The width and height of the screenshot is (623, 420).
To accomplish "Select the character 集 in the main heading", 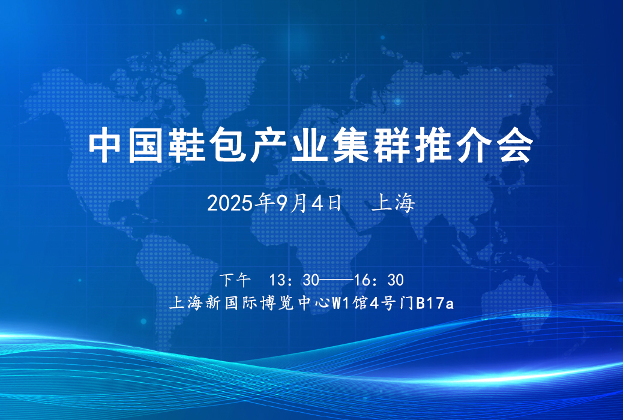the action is [x=351, y=145].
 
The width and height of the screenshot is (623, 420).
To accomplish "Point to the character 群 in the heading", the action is [x=392, y=145].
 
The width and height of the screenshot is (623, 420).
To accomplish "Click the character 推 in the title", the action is [x=433, y=145].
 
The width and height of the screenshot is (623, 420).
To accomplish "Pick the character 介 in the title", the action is [x=474, y=145].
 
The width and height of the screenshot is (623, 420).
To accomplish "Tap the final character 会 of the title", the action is [x=515, y=145].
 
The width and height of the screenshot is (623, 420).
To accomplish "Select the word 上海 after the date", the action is [x=394, y=203].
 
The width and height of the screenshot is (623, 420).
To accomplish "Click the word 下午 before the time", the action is [x=235, y=280].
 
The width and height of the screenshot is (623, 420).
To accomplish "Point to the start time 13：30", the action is [x=295, y=280].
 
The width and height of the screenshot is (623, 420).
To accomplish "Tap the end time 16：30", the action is [x=379, y=280].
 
